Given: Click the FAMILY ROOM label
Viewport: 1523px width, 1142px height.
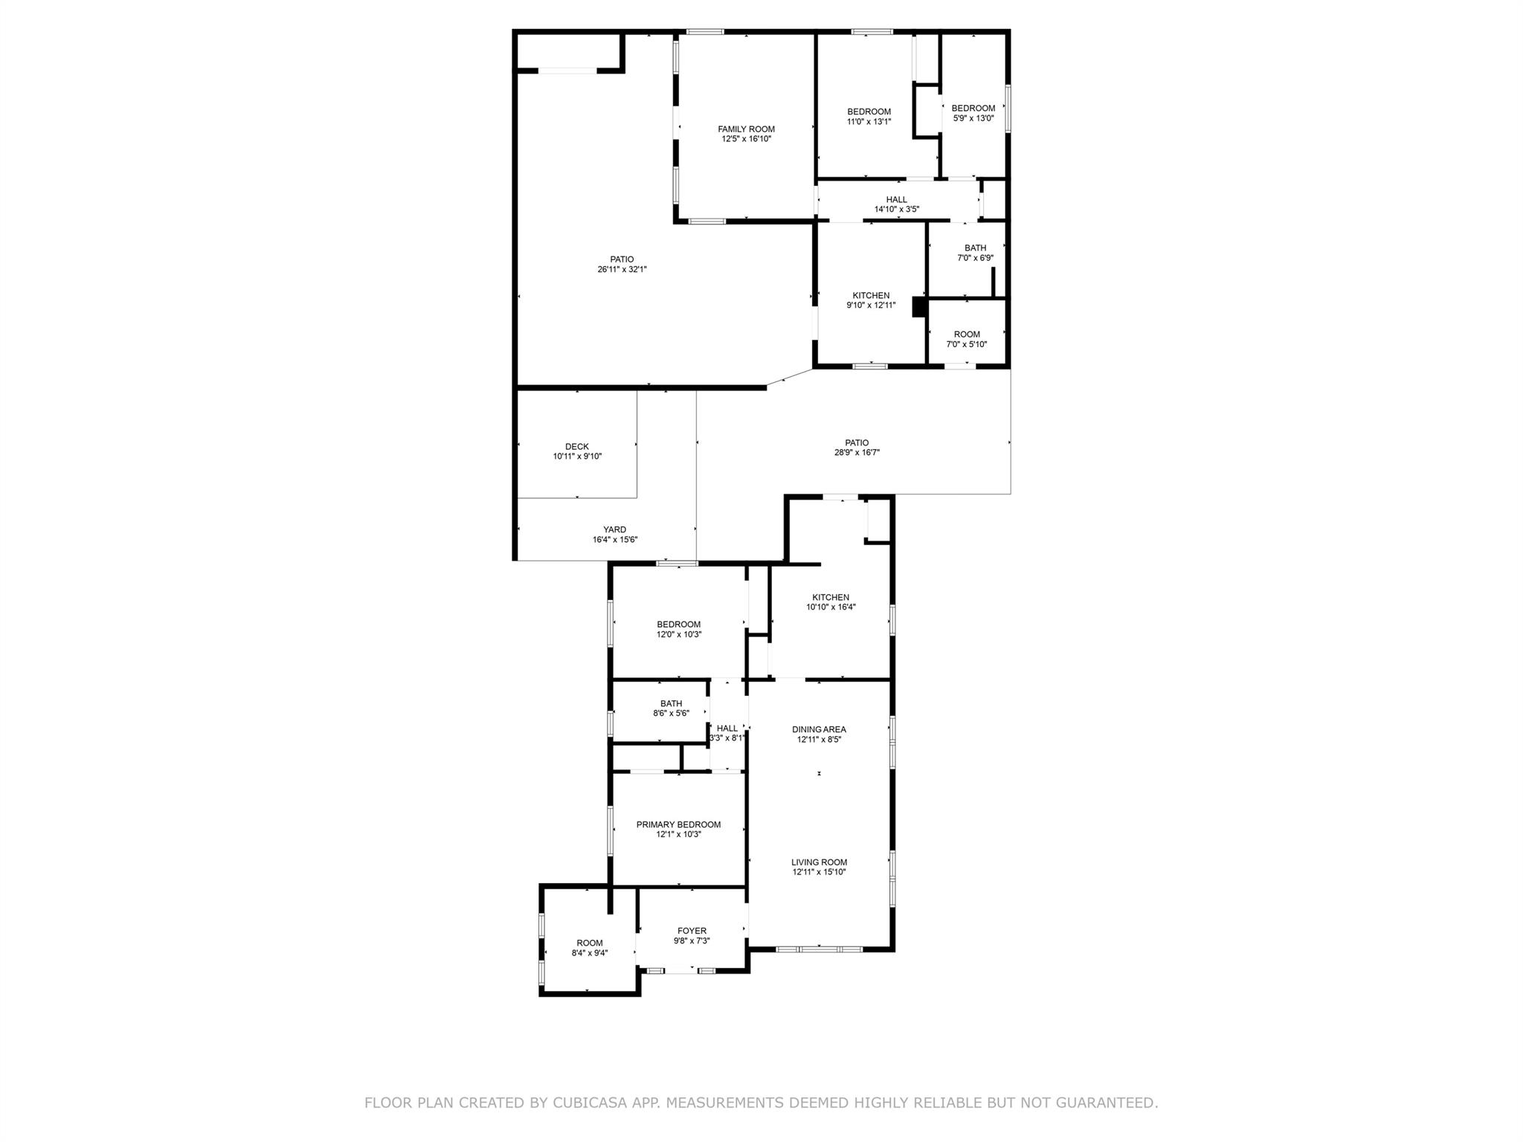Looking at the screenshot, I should (746, 129).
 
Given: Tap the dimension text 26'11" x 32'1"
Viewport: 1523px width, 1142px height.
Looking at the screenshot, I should (622, 270).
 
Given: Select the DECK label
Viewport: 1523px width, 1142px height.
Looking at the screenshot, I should (577, 447).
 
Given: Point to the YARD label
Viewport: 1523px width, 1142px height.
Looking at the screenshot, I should (614, 530).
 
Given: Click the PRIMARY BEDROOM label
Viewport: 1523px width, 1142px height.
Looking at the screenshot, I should (678, 825).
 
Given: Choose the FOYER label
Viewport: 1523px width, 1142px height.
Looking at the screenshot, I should (692, 931).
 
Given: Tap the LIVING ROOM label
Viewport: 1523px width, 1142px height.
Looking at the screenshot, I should (819, 862).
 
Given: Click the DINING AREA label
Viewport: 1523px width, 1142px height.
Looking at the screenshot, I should (819, 729).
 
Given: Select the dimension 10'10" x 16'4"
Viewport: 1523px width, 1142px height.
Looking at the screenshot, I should (831, 607).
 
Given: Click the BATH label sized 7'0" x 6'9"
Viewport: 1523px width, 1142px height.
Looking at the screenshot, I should (975, 248).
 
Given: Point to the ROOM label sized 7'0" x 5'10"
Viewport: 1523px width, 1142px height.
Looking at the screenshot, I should (967, 335).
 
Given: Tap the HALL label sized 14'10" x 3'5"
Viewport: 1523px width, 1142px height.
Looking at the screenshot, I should (896, 200).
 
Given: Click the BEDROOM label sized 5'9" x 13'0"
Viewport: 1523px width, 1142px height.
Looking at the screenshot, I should (973, 109).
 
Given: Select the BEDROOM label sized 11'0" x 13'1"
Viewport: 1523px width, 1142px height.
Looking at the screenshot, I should (869, 112).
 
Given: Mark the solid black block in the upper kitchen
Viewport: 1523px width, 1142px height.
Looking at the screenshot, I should (918, 308).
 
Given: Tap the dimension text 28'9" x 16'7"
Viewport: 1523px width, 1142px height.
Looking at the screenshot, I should (857, 453).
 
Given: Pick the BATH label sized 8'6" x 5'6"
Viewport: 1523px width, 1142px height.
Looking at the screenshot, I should (671, 703).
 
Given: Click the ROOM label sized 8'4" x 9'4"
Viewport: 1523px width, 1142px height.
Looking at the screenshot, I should (590, 943).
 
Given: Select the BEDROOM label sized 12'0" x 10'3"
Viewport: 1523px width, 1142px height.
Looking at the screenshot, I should (678, 625).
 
